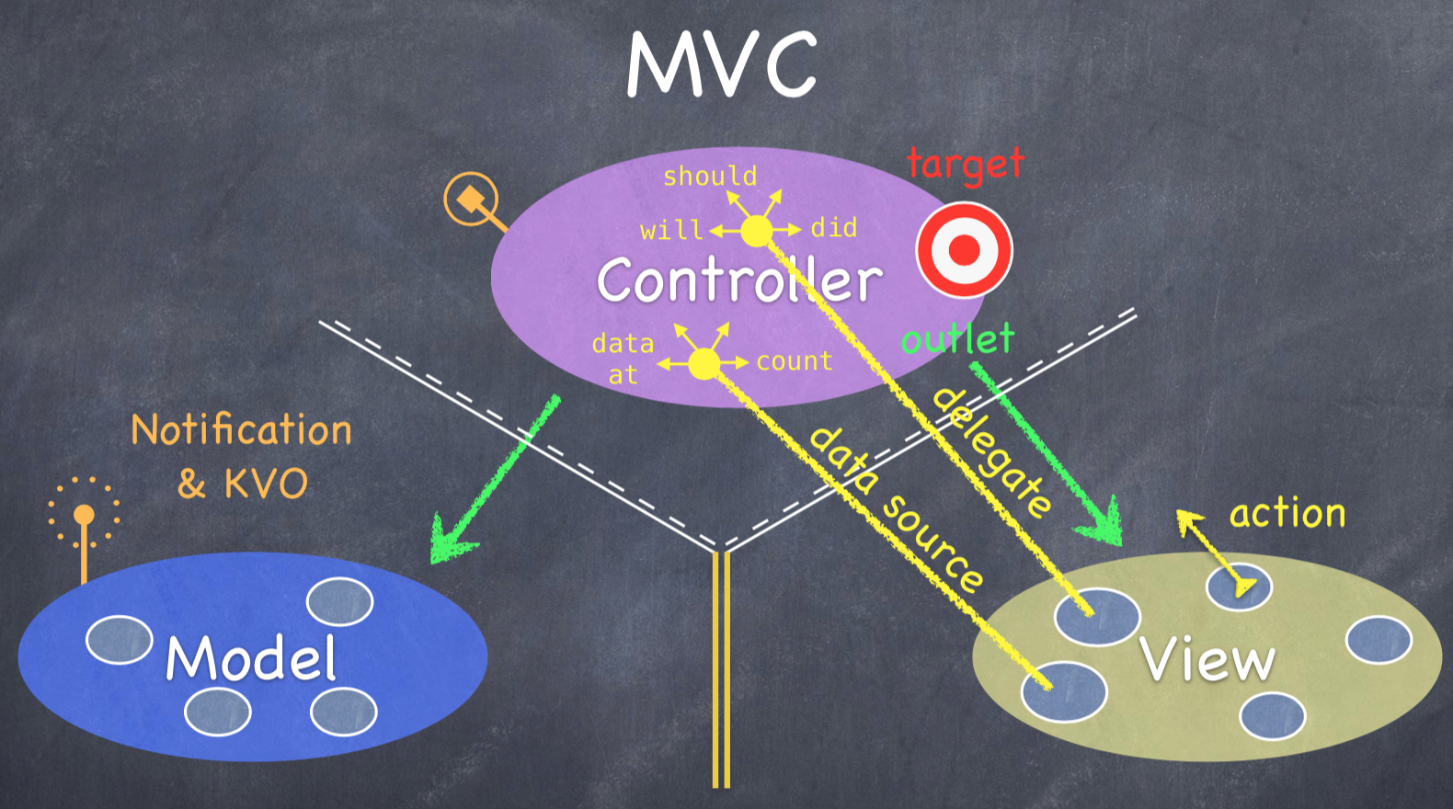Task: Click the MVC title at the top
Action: click(x=722, y=64)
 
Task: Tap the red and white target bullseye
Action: click(x=964, y=249)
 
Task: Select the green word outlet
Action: click(x=957, y=339)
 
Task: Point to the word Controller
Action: click(x=738, y=280)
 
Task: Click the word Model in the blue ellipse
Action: click(x=251, y=658)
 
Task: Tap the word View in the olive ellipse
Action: click(x=1207, y=660)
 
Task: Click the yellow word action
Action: click(x=1287, y=513)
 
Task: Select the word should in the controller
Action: click(x=710, y=176)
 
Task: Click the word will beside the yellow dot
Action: click(x=671, y=230)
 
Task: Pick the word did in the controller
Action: click(x=833, y=228)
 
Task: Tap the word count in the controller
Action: click(x=795, y=361)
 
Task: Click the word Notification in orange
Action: click(x=241, y=430)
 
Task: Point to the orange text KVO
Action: click(x=266, y=484)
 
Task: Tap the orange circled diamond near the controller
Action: click(x=471, y=199)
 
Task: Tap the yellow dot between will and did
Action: click(x=757, y=232)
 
